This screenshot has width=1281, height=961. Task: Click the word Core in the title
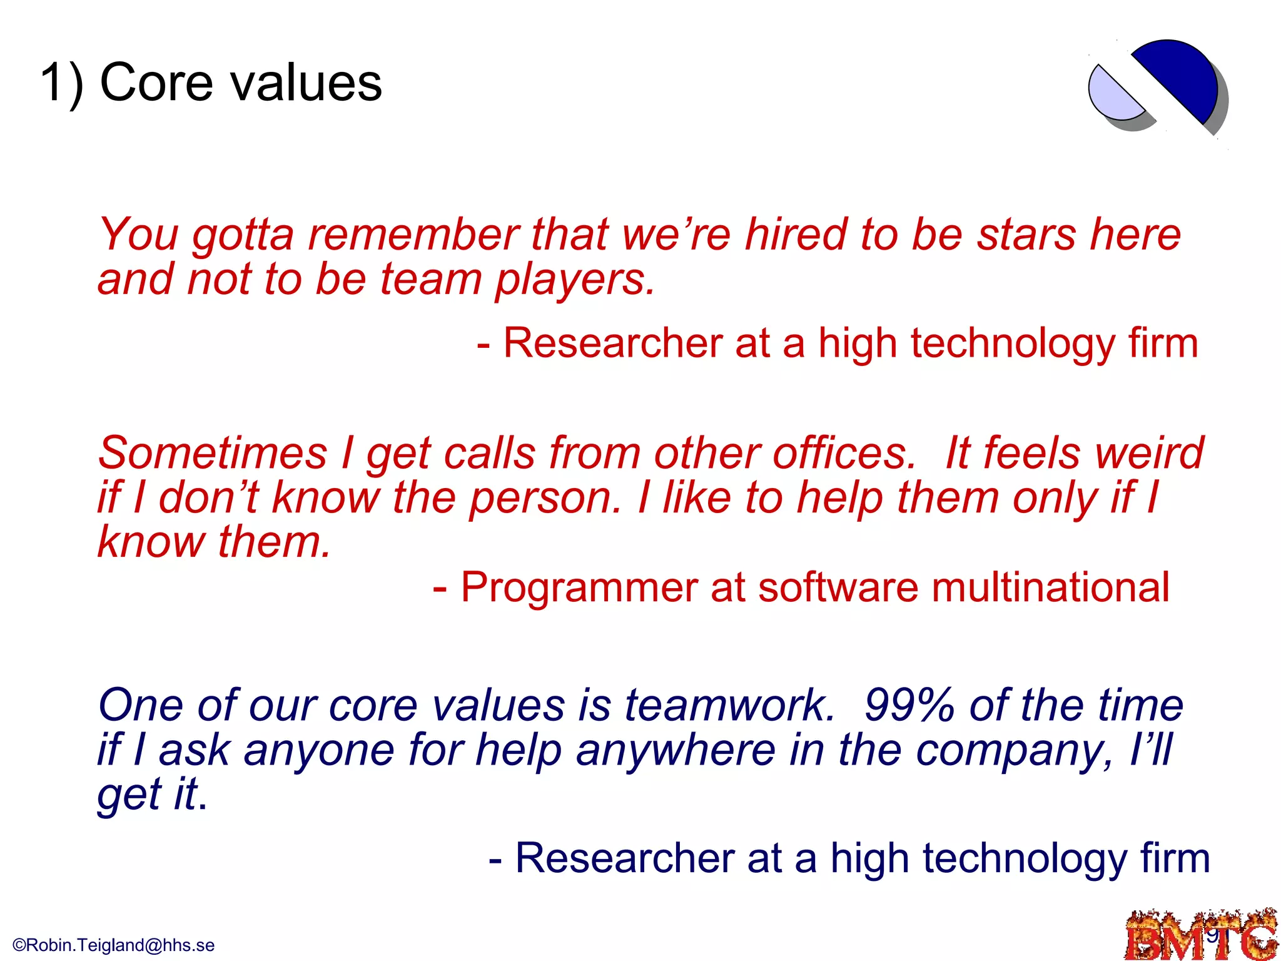(x=156, y=83)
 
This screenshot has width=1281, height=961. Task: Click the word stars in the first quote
(x=1026, y=235)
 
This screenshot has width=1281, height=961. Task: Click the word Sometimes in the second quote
(x=213, y=454)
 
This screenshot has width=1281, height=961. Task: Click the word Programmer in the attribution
(x=579, y=588)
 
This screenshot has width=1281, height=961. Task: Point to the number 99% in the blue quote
(x=910, y=706)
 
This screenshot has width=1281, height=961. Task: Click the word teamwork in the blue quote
(x=729, y=706)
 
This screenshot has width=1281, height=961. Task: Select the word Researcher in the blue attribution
(x=624, y=858)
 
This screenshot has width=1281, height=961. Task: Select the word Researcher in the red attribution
(x=613, y=344)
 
